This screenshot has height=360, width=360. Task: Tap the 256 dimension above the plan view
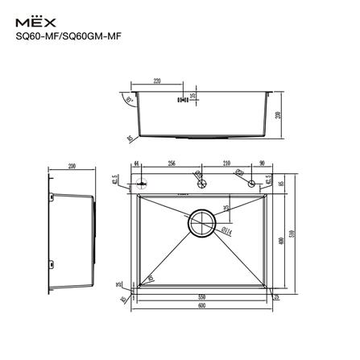172,163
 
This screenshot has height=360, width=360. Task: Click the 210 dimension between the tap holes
226,163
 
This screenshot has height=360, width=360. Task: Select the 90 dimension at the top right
263,163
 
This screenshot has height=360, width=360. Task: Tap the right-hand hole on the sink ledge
252,183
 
